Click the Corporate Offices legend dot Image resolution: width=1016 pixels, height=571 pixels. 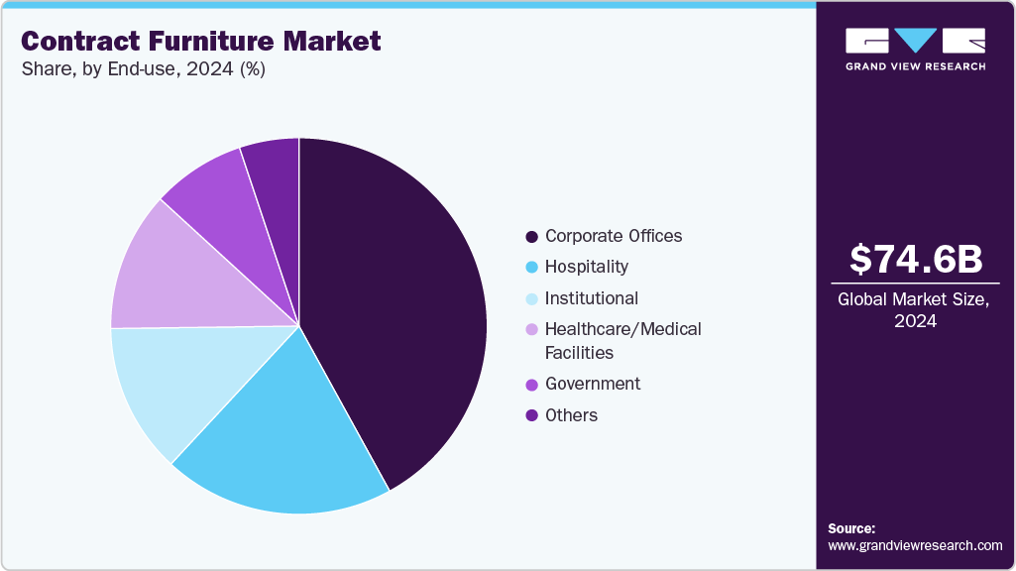[532, 236]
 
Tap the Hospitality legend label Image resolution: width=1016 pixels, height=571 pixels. [587, 267]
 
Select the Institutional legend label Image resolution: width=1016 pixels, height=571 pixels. [592, 298]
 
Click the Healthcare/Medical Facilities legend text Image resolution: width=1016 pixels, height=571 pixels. [622, 340]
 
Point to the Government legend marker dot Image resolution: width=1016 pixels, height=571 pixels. [532, 384]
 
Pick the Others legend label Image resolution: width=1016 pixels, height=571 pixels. [571, 415]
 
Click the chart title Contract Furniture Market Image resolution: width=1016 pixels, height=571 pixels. [201, 42]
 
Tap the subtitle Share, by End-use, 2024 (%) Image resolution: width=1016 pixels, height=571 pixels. [143, 69]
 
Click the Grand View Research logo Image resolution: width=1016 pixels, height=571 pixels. [915, 49]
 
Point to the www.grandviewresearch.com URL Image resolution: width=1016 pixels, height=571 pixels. [915, 545]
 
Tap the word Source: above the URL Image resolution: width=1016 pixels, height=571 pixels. [851, 528]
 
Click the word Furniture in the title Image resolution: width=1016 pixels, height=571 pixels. [214, 42]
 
